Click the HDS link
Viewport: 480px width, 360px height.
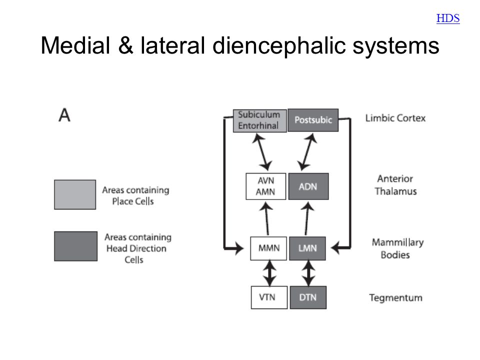coord(448,18)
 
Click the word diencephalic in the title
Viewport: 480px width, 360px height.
coord(278,45)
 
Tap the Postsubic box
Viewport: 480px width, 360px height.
coord(313,120)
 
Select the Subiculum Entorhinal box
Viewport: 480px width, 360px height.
coord(260,120)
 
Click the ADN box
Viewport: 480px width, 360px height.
coord(308,186)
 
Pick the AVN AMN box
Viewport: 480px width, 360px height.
coord(265,186)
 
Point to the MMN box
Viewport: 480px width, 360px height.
coord(268,248)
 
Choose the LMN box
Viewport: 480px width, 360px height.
coord(307,248)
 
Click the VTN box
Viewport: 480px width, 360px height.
coord(269,297)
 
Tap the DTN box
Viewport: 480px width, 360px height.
coord(308,297)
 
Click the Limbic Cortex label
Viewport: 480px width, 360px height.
coord(395,118)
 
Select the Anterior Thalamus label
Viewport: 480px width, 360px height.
coord(395,185)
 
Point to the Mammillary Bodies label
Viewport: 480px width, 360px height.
coord(397,248)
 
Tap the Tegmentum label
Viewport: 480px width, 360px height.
coord(395,298)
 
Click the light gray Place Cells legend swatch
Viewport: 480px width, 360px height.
coord(75,194)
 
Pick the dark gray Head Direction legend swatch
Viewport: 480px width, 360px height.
coord(75,246)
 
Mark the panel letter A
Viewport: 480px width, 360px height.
coord(64,115)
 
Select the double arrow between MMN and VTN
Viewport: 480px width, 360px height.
coord(269,273)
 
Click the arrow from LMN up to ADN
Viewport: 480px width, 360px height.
coord(306,218)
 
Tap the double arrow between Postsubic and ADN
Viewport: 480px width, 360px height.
coord(307,152)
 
